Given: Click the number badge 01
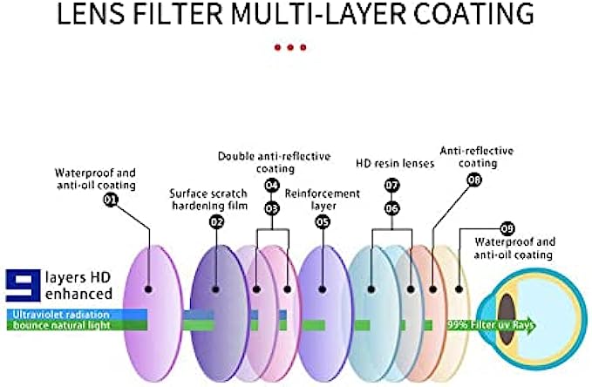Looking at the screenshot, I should point(111,200).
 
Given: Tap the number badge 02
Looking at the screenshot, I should point(216,221).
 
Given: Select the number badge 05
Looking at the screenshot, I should point(323,221).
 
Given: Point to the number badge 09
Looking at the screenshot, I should point(507,227).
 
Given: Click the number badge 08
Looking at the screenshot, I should point(474,180).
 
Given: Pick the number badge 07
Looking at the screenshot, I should point(392,186).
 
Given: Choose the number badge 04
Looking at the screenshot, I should point(272,186).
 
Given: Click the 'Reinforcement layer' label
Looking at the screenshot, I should point(323,199).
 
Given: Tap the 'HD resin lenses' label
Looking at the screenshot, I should point(395,163).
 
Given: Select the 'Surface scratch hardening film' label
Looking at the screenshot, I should point(209,199).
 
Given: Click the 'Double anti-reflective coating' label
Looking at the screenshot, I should point(274,162).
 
